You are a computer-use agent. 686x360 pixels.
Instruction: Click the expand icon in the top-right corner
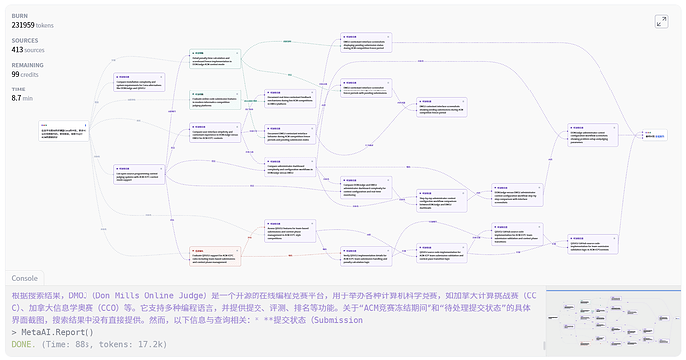click(662, 21)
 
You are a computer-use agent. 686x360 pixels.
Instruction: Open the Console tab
click(24, 279)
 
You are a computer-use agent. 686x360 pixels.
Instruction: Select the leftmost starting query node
click(60, 129)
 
